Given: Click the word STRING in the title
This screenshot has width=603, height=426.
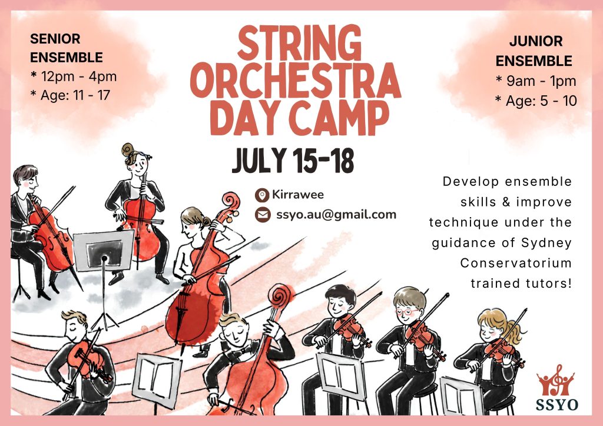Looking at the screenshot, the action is click(300, 42).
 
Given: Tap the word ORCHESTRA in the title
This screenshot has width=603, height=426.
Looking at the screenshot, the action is click(296, 80).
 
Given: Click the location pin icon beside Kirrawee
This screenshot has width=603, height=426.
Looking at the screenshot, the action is click(262, 195).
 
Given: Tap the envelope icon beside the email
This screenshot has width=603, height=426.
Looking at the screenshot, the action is click(263, 215).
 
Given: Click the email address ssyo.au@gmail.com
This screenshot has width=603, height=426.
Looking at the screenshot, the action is click(336, 214).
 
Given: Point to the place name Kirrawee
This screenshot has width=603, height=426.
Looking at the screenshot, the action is click(297, 194).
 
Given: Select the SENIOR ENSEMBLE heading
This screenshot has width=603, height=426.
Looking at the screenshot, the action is click(66, 48).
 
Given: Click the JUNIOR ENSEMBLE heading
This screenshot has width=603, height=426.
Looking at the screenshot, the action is click(534, 51).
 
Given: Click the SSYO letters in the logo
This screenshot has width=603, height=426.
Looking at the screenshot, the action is click(556, 404).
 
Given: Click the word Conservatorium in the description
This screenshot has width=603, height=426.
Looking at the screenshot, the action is click(516, 263).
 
